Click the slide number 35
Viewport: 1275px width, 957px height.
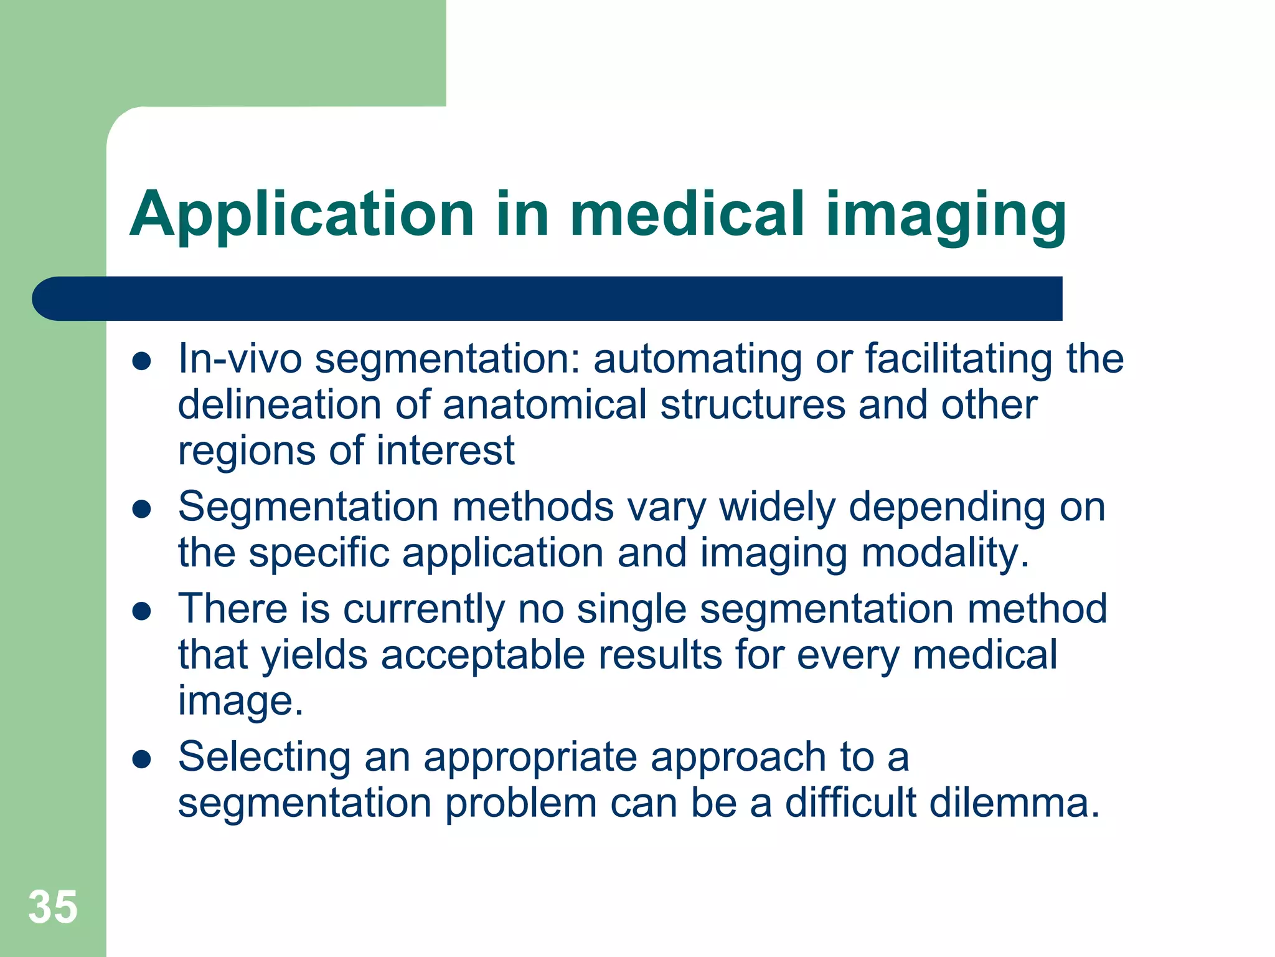point(53,907)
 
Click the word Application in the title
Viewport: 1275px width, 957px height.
point(302,214)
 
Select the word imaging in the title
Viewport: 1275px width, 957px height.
point(946,214)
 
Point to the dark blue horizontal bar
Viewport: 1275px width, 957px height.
point(548,298)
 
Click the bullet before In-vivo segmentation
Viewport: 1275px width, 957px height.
point(143,361)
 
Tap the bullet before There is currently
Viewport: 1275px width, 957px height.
point(143,611)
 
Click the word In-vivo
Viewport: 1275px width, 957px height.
point(240,359)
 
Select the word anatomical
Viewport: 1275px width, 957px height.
point(545,405)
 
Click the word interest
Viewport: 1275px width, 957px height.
point(445,450)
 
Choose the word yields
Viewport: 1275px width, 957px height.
point(314,656)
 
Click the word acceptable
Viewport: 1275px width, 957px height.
point(482,656)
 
